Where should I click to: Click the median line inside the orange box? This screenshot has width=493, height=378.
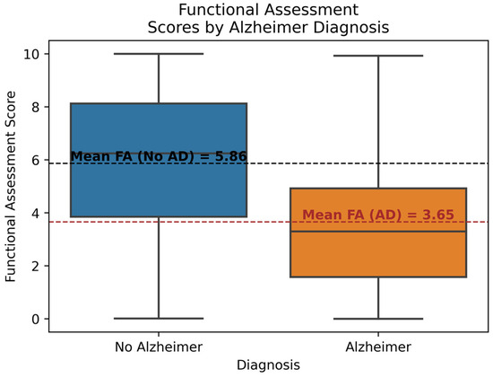tap(377, 232)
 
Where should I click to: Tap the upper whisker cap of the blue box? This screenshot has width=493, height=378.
tap(158, 54)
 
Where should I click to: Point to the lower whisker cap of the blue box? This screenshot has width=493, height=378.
tap(158, 318)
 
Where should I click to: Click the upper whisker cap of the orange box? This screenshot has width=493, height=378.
tap(377, 56)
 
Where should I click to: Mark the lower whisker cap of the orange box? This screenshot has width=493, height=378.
tap(377, 319)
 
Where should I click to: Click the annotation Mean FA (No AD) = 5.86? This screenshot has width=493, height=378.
tap(158, 156)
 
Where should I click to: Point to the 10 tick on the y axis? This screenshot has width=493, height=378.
tap(32, 54)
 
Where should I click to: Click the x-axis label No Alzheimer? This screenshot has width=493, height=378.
tap(158, 346)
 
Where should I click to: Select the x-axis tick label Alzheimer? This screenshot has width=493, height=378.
tap(377, 346)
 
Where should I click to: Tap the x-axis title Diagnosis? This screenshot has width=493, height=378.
tap(268, 365)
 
